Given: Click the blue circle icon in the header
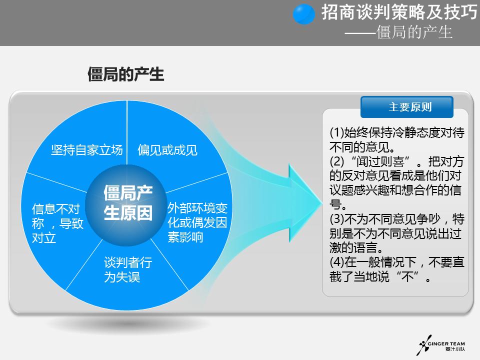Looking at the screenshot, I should point(304,14).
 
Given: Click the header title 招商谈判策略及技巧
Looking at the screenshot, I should point(398,13).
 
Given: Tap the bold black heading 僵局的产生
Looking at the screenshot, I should point(125,74).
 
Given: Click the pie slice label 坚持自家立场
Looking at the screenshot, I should point(87,150).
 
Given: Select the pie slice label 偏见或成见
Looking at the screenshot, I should point(167,150).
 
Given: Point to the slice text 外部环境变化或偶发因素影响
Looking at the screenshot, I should point(197,222).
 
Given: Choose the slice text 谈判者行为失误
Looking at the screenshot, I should point(127,270).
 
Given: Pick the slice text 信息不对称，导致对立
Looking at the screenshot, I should point(57,223).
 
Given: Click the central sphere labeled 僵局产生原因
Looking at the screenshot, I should point(128,203).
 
